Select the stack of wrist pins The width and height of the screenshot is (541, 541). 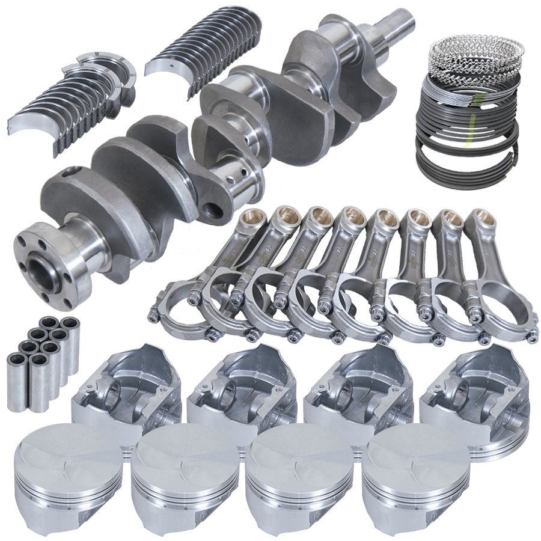[x=42, y=361]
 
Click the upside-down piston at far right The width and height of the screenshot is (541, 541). [x=475, y=391]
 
